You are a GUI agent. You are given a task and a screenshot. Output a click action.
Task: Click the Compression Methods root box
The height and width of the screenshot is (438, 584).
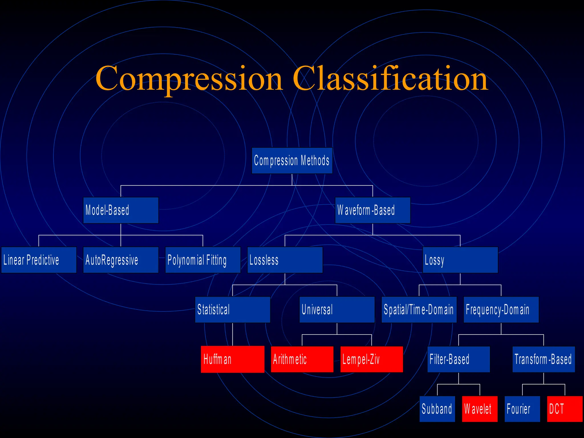(x=292, y=161)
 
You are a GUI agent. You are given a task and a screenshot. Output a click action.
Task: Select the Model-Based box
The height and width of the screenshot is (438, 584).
(x=121, y=210)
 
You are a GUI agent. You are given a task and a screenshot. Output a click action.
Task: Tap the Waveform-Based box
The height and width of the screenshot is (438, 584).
(x=372, y=210)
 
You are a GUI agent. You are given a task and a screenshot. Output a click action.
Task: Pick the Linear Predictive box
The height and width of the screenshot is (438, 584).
(x=39, y=260)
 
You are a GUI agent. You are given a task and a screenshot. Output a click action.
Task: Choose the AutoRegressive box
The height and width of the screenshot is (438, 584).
(x=121, y=260)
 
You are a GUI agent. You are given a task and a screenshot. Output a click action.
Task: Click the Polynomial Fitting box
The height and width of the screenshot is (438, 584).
(x=203, y=260)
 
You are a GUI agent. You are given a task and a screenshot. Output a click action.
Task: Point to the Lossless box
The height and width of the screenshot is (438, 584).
(x=285, y=260)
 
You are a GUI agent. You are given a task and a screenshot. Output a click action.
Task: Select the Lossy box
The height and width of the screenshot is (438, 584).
(x=460, y=260)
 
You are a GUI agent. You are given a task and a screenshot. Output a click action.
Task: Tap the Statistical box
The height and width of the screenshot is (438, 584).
(x=232, y=309)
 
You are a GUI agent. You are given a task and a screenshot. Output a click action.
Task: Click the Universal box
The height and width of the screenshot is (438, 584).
(x=337, y=309)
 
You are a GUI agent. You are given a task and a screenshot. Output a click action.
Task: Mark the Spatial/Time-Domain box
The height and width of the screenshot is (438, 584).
(x=419, y=309)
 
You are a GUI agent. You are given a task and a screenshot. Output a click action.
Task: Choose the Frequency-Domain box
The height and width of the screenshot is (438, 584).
(x=501, y=309)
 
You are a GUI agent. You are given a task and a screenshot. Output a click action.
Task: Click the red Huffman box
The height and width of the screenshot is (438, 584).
(x=232, y=359)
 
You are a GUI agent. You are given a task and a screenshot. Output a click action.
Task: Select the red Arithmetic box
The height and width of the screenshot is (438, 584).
(x=302, y=359)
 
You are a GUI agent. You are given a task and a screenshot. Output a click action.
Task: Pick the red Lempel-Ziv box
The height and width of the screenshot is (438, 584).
(x=372, y=359)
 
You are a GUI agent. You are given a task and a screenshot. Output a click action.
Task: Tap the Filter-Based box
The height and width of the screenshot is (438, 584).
(x=459, y=359)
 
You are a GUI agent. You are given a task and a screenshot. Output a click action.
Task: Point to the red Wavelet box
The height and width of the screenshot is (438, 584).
(x=480, y=409)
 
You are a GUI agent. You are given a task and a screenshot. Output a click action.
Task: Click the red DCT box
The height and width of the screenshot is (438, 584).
(x=565, y=409)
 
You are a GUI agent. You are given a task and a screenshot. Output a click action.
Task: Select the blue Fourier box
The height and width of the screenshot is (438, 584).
(x=522, y=409)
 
